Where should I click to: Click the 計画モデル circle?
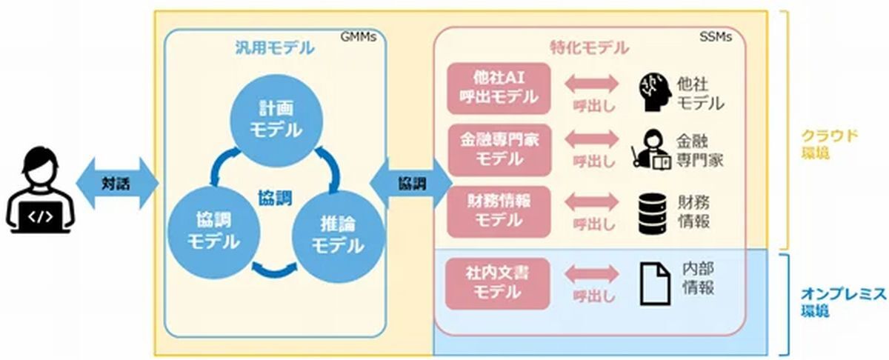[276, 120]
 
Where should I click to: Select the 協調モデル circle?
[213, 232]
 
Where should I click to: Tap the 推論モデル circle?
[338, 236]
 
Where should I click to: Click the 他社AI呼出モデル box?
[499, 88]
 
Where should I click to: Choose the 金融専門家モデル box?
[499, 150]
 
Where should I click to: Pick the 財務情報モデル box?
[499, 212]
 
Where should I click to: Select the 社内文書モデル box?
[498, 284]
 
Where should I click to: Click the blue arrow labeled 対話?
[118, 184]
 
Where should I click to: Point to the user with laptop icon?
[40, 190]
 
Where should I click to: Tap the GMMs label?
[359, 37]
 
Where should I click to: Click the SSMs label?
[716, 37]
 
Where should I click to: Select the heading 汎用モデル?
[275, 48]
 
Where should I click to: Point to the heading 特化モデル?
[590, 48]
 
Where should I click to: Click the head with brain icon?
[654, 93]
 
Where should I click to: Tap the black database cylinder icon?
[653, 213]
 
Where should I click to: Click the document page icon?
[656, 284]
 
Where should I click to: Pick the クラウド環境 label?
[830, 144]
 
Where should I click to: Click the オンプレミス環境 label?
[843, 302]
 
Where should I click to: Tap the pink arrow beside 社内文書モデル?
[591, 274]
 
